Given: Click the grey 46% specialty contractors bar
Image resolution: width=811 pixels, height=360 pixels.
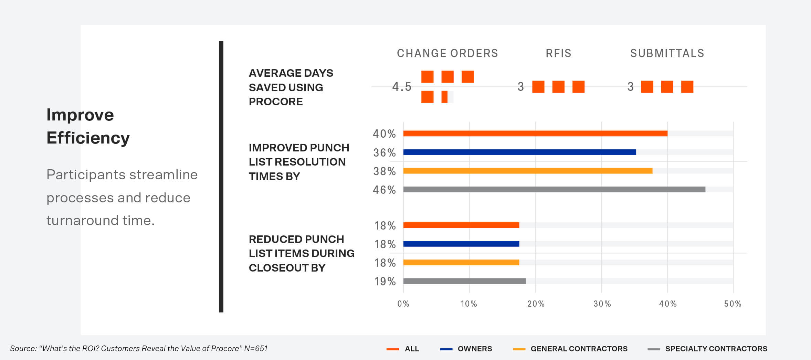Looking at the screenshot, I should [554, 189].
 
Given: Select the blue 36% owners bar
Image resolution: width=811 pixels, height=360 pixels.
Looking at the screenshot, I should [519, 152].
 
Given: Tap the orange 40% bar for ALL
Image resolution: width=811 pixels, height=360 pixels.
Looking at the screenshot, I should [535, 134].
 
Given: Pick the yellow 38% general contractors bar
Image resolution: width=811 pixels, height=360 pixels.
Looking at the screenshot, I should [528, 171].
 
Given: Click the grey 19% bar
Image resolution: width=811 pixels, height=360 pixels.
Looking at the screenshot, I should [464, 281].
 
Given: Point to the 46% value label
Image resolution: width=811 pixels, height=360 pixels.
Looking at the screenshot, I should [384, 190].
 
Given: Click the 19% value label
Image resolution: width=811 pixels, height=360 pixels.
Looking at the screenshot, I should [385, 282].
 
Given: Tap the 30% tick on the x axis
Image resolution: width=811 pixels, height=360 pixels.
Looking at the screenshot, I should [602, 304].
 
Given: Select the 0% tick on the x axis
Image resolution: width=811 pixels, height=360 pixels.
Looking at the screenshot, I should [403, 304].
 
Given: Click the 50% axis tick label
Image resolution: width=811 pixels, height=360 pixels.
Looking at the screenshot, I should [733, 304].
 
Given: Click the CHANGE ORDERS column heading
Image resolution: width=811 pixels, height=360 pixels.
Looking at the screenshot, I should [447, 53].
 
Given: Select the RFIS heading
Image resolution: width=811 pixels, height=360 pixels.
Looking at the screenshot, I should [558, 53].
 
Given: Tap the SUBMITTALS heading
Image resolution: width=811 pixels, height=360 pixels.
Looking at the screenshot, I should [667, 53].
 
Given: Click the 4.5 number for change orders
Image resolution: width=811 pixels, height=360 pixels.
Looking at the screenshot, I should [402, 87].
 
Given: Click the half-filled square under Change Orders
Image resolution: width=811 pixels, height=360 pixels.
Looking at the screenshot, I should [447, 97].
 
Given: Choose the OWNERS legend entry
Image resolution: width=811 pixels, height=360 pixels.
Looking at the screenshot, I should [474, 349].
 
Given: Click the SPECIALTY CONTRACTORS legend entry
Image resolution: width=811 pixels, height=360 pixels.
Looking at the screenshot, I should [716, 349].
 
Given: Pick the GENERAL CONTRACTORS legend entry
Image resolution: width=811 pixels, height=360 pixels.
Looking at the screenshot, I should [579, 349].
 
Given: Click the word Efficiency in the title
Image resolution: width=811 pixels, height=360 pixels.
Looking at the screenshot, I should [88, 138].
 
